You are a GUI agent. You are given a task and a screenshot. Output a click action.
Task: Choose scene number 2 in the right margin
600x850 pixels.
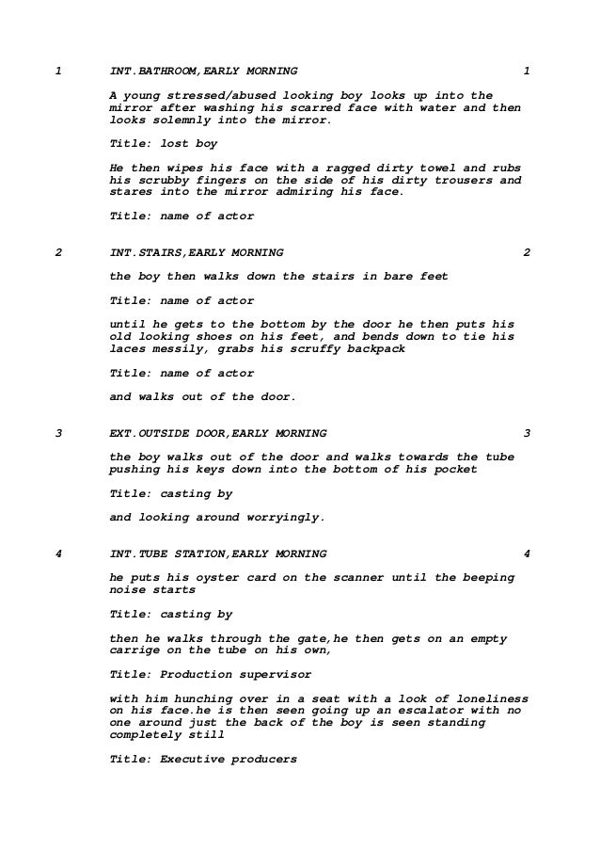527,252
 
